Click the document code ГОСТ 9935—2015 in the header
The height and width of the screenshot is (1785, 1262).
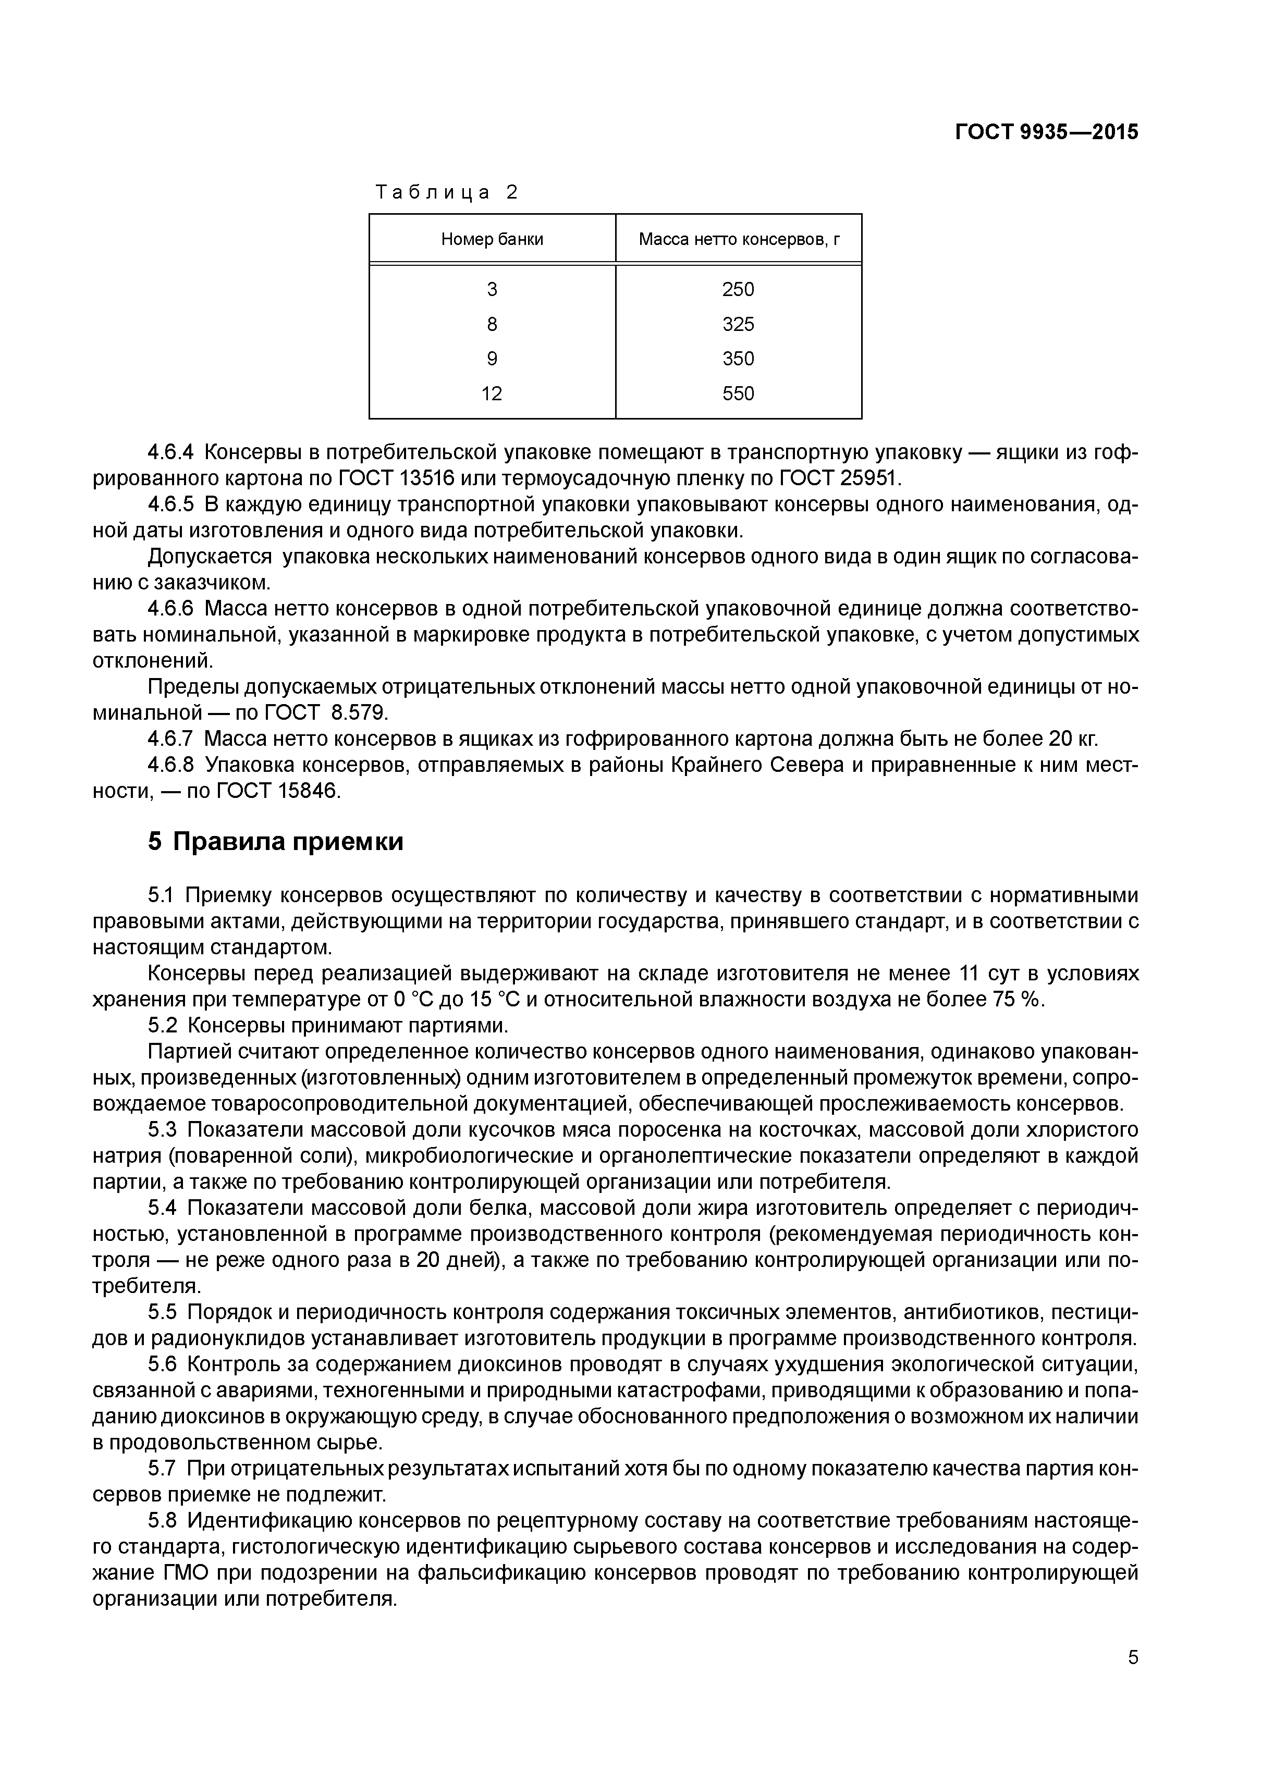[x=1046, y=132]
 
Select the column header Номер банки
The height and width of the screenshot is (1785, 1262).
[x=492, y=239]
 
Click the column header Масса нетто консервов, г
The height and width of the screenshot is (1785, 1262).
[x=739, y=239]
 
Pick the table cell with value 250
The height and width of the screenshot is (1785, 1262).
[x=738, y=289]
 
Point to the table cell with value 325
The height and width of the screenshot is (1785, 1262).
[x=738, y=324]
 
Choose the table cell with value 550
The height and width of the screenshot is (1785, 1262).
[x=738, y=393]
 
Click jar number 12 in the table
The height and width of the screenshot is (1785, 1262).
[x=492, y=393]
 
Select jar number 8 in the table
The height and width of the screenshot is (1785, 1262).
[x=492, y=324]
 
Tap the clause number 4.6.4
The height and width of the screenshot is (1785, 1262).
[x=170, y=452]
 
